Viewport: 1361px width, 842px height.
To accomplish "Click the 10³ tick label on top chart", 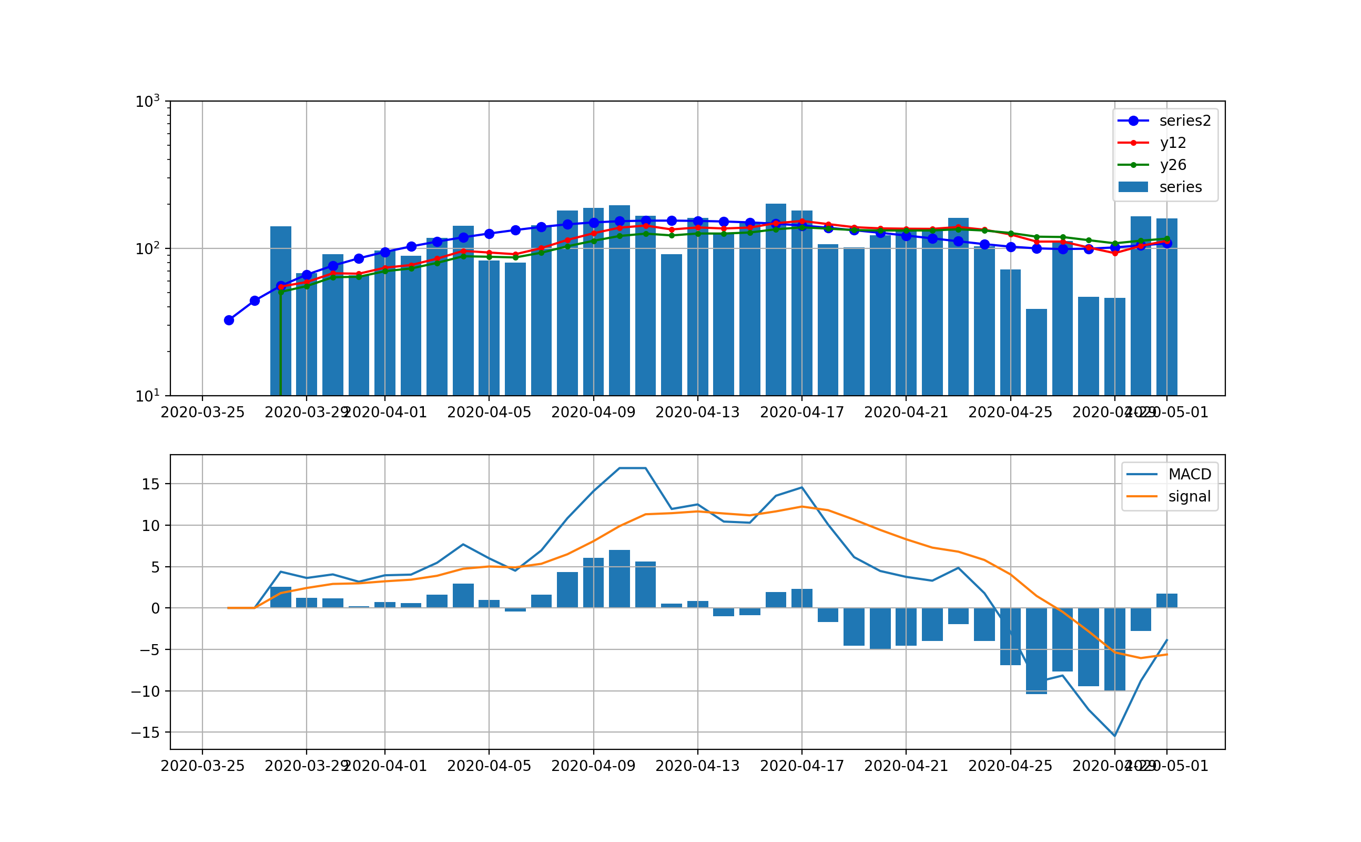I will point(147,102).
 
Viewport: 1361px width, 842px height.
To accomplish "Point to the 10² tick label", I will point(147,249).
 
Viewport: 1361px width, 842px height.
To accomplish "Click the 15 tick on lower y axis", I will point(151,485).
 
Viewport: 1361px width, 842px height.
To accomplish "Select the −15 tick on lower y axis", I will point(145,733).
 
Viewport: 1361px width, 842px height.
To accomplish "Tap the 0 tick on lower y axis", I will point(155,609).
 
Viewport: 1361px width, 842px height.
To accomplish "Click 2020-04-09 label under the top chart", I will point(593,413).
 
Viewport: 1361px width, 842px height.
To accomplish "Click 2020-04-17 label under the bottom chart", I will point(802,766).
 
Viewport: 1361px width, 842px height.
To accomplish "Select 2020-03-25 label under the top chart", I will point(202,413).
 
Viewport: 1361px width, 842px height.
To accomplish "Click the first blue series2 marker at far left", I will point(229,320).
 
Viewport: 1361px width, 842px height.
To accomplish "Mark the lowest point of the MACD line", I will point(1114,736).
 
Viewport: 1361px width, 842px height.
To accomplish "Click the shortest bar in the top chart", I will point(1036,352).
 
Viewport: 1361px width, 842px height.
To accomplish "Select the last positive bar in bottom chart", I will point(1166,601).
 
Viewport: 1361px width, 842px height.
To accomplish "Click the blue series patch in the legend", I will point(1133,187).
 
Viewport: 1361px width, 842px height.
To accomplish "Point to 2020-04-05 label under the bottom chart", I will point(489,766).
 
